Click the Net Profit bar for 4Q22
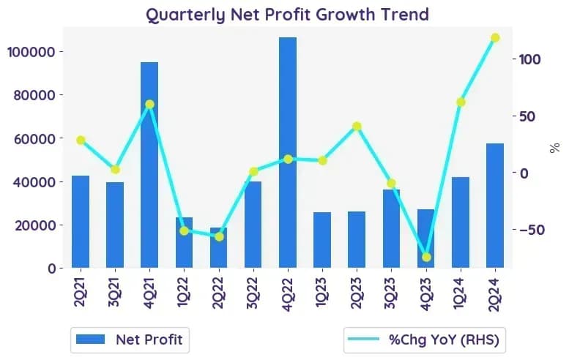coord(288,152)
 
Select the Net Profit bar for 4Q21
coord(149,165)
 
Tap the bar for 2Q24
coord(495,206)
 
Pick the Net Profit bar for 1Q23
coord(322,240)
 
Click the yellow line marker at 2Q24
coord(495,38)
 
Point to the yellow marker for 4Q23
coord(426,257)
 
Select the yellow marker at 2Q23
coord(357,126)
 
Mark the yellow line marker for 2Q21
coord(81,140)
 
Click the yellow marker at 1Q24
coord(461,102)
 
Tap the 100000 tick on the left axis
coord(31,52)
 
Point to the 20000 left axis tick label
coord(35,225)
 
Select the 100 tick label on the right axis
coord(529,59)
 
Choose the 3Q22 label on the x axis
coord(253,293)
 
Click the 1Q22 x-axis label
coord(184,293)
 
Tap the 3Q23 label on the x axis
coord(391,293)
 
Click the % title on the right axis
coord(555,148)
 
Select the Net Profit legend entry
coord(129,340)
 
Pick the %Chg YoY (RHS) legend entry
coord(424,340)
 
